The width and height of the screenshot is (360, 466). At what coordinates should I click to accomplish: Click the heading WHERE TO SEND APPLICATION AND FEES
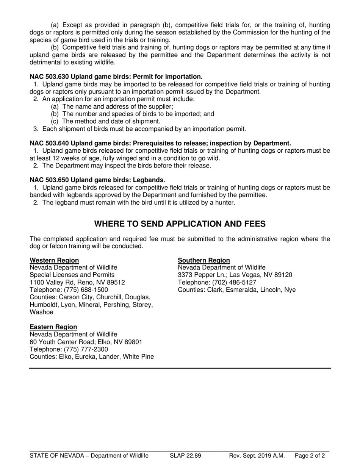pos(180,224)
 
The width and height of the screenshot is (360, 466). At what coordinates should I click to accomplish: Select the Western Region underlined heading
pos(54,260)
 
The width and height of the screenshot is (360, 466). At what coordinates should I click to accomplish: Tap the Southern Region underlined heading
pos(204,260)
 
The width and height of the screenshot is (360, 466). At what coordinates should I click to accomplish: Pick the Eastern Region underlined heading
pos(53,327)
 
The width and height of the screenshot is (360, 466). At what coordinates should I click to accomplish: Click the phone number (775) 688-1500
pos(86,290)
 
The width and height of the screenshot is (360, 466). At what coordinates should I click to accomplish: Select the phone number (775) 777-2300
pos(86,349)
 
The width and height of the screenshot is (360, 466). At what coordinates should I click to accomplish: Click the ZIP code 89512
pos(116,283)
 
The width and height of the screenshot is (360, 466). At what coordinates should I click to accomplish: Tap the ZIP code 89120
pos(283,275)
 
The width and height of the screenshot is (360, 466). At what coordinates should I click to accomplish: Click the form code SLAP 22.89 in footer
pos(185,456)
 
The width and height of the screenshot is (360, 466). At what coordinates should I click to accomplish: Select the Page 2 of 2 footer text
pos(310,456)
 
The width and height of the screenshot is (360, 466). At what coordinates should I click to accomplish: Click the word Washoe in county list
pos(41,312)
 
